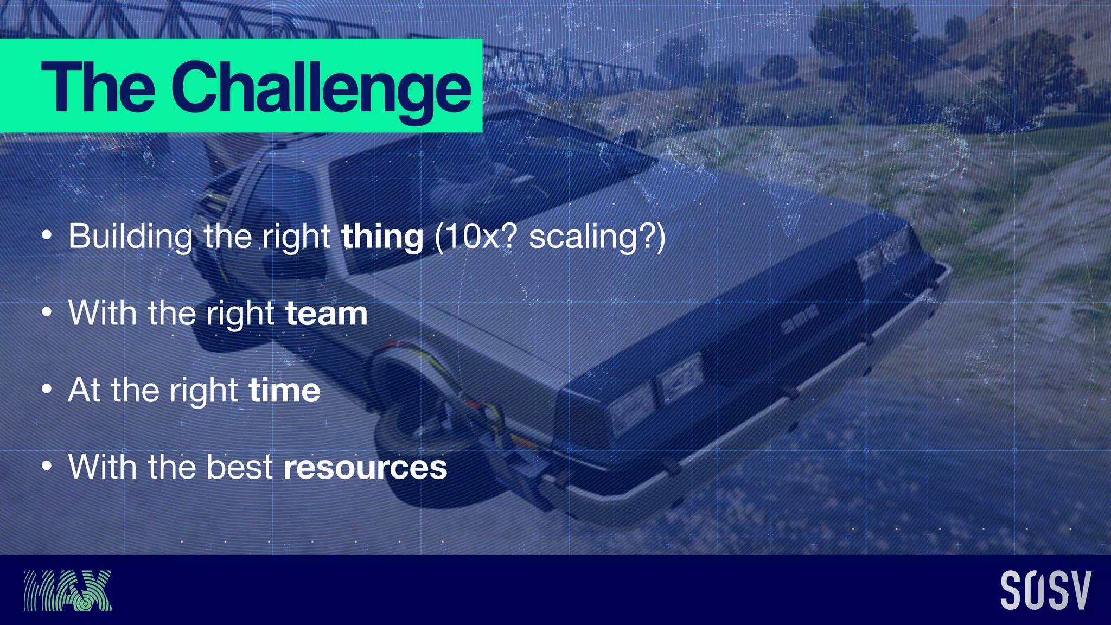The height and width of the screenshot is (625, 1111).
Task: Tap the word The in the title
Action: tap(98, 87)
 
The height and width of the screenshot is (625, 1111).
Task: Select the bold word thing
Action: tap(382, 237)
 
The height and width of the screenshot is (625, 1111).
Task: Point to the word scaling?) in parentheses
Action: tap(597, 237)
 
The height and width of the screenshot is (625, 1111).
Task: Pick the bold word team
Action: tap(326, 314)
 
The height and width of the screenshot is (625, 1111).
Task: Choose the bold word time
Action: tap(284, 391)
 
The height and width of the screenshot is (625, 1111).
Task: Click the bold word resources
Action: tap(365, 467)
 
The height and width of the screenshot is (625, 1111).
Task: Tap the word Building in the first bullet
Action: tap(130, 237)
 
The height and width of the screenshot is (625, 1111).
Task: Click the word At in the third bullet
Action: tap(84, 391)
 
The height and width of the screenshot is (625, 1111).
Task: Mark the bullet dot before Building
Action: tap(47, 237)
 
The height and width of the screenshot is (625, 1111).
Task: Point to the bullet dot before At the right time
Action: tap(47, 390)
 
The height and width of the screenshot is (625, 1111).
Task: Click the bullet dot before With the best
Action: tap(47, 467)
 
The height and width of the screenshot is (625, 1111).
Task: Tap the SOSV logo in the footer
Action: tap(1045, 590)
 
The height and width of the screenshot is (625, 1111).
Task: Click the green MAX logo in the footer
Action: tap(68, 590)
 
